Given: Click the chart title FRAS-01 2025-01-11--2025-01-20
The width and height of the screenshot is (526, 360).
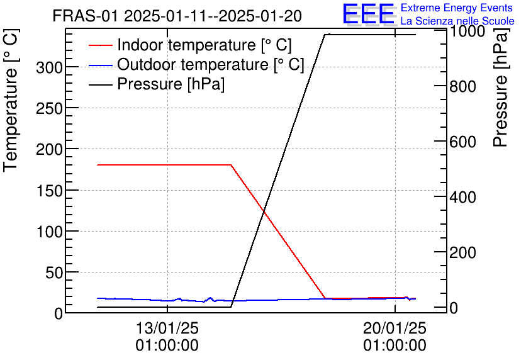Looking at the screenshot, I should tap(177, 16).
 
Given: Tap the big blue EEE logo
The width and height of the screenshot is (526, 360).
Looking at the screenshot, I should tap(368, 14).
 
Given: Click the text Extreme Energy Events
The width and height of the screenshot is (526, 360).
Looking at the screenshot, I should tap(457, 8).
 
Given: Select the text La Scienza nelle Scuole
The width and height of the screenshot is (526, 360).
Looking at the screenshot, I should tap(457, 21).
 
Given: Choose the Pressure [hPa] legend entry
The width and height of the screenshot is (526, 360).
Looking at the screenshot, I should tap(171, 84).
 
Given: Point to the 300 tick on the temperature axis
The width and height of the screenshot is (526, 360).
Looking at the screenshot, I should tap(48, 67).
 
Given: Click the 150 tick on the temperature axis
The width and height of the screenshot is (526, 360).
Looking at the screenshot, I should tap(48, 190).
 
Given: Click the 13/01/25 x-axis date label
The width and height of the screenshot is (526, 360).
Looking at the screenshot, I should tap(167, 329).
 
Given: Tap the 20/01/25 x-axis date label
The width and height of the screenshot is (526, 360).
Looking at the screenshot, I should tap(394, 329).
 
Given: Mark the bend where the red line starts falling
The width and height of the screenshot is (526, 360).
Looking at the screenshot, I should tap(232, 165).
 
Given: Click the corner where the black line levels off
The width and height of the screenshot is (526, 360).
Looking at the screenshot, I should tap(325, 35).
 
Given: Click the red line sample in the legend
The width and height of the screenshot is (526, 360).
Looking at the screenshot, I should tap(101, 46).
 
